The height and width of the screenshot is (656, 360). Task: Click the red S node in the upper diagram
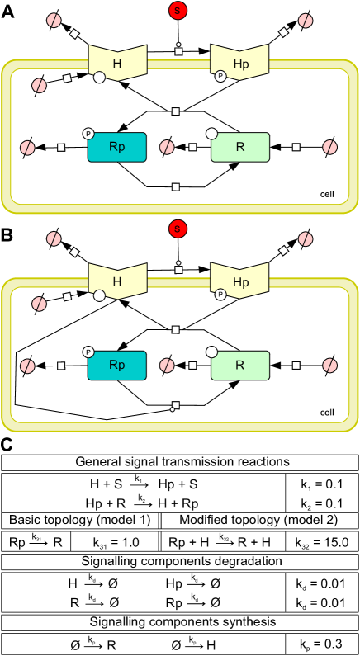178,11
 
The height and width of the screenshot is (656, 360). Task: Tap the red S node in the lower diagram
178,229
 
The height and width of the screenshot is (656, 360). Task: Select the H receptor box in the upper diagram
117,63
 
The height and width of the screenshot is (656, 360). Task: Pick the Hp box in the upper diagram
240,63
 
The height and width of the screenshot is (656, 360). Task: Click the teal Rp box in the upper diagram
116,147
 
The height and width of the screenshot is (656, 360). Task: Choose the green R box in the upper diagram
240,147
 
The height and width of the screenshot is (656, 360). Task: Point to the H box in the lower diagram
117,281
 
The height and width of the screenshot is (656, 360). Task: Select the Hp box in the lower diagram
240,281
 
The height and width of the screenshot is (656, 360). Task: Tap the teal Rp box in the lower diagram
116,365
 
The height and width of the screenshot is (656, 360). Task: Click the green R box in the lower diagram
240,365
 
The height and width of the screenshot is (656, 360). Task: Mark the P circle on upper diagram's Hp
220,76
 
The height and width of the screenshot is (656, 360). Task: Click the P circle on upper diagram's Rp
88,134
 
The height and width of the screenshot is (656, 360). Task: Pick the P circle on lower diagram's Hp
220,294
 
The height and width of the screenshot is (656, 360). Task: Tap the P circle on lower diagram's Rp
88,352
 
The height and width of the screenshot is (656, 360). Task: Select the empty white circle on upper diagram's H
99,78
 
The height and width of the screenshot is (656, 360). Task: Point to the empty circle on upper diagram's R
211,134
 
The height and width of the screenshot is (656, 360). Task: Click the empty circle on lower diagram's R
211,352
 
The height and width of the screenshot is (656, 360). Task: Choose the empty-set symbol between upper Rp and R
167,147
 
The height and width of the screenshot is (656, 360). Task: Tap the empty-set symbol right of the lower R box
330,365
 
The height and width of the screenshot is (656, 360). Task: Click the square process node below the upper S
178,51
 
